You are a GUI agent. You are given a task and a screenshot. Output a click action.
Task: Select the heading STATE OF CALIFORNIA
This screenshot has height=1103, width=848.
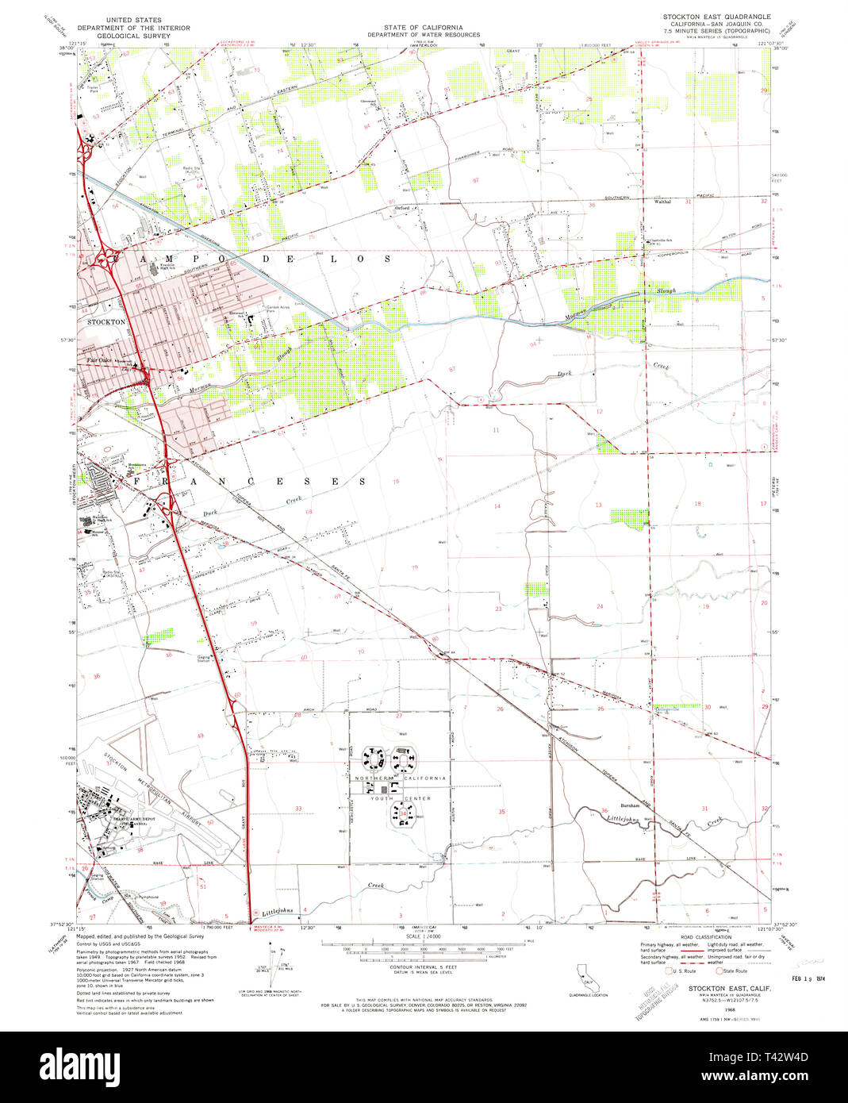[424, 27]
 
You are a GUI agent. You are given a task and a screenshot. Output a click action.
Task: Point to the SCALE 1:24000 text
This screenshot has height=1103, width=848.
[424, 936]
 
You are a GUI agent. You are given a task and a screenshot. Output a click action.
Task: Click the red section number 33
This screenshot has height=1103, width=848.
[298, 809]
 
